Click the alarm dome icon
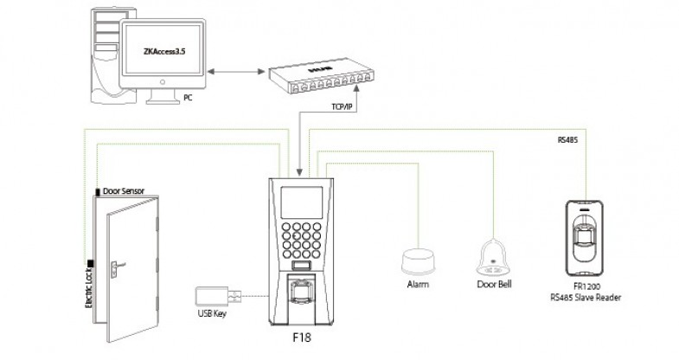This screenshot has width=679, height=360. point(419,260)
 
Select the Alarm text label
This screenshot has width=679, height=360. point(419,285)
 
